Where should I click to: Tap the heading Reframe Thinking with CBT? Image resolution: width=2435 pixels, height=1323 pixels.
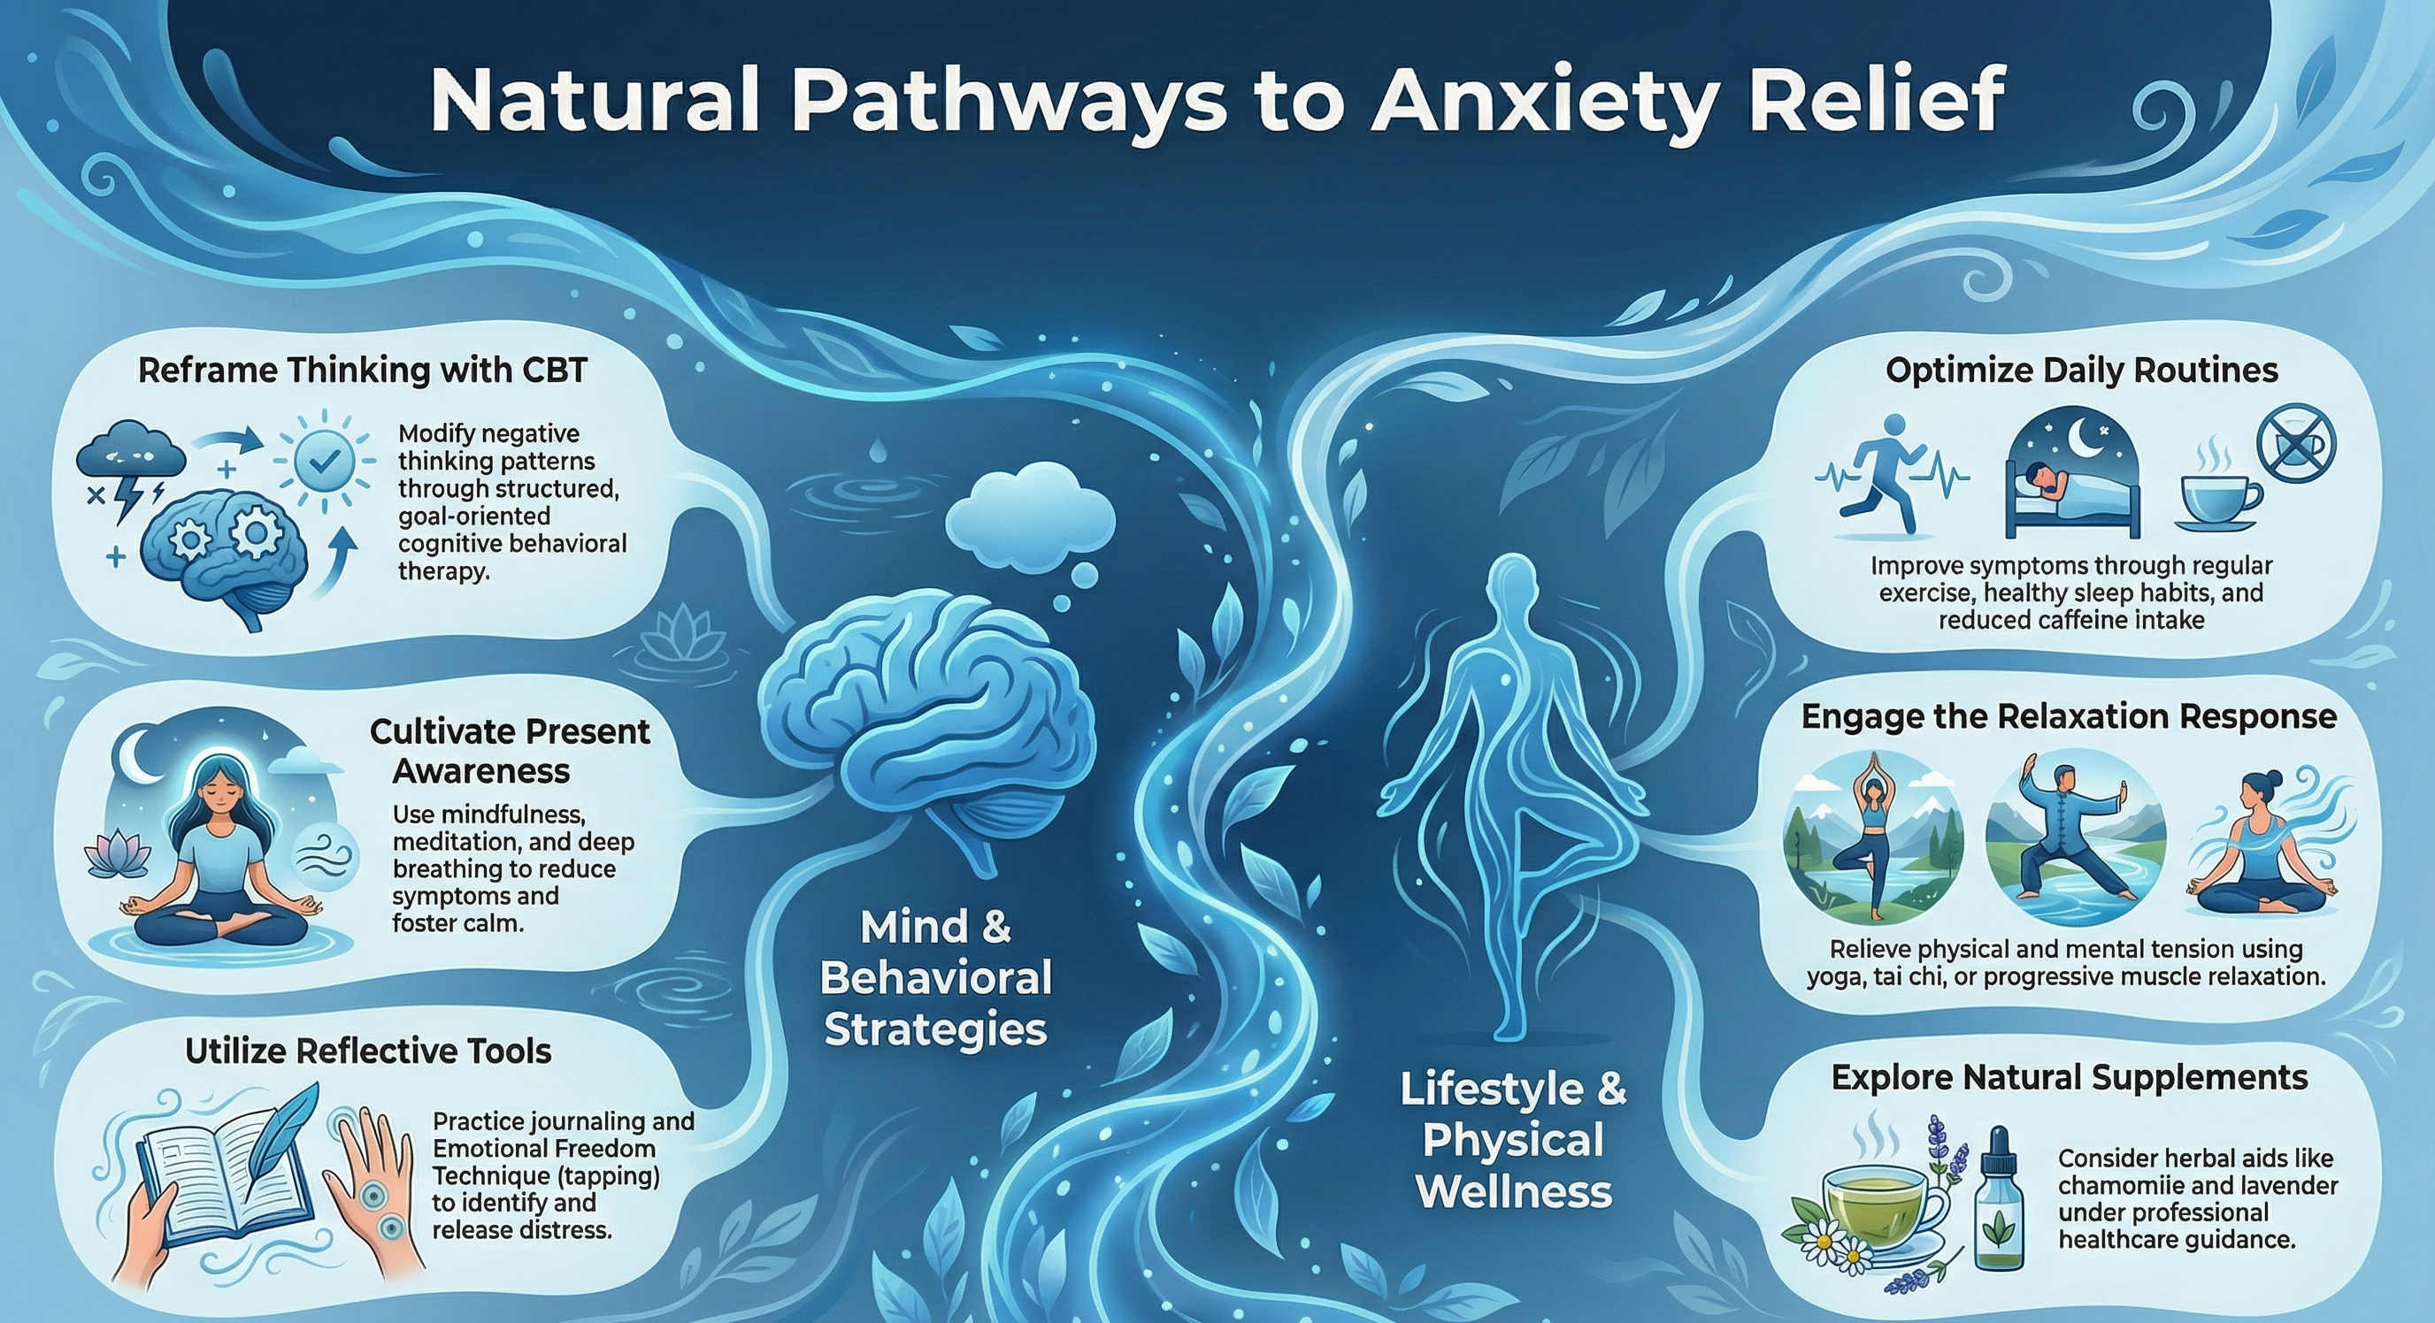pos(363,370)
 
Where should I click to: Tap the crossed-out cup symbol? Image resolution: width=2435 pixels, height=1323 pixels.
pos(2296,444)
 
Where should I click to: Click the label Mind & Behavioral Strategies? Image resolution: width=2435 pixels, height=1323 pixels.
pos(936,978)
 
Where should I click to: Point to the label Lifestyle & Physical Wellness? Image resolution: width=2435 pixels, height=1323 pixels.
pos(1513,1140)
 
